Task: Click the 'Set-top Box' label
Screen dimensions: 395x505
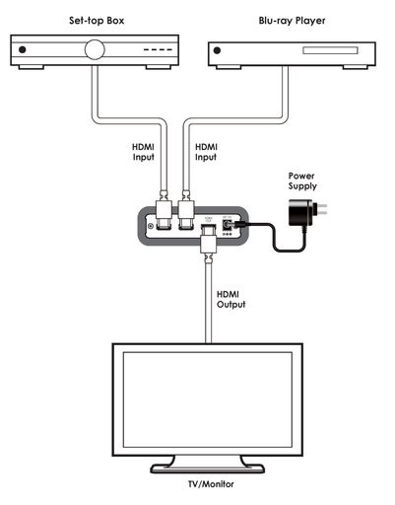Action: tap(97, 21)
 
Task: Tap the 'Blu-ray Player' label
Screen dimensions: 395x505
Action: tap(292, 21)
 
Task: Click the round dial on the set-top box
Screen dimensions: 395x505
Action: tap(95, 49)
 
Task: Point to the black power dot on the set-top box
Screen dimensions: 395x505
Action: tap(23, 49)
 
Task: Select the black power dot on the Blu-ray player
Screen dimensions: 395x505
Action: tap(217, 50)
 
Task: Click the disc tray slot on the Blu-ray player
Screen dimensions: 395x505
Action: tap(330, 50)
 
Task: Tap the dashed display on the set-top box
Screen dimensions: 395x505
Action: tap(158, 50)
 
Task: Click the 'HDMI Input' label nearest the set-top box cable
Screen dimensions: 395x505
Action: tap(143, 152)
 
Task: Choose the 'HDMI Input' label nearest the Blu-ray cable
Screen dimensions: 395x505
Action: tap(206, 152)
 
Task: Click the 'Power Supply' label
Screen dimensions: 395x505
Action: tap(302, 180)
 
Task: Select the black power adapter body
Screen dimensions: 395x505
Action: tap(300, 213)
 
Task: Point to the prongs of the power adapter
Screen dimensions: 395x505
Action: tap(320, 209)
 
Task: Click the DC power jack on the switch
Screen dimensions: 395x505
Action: tap(227, 225)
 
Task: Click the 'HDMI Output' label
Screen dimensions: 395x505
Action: tap(230, 299)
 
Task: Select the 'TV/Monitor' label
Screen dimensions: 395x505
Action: tap(211, 484)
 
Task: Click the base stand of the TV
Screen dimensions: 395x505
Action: tap(208, 469)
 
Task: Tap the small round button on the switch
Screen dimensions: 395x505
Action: tap(151, 226)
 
